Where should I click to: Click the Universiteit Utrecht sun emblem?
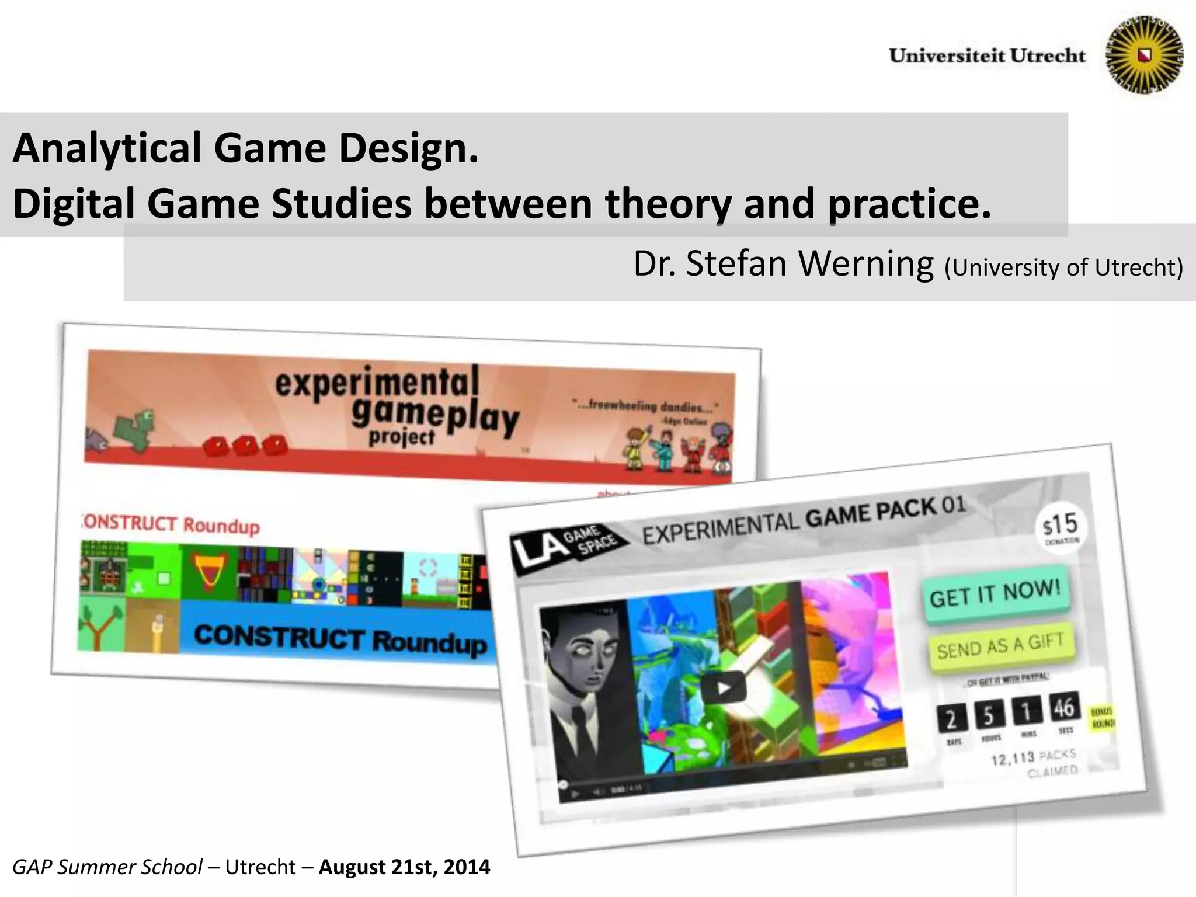1145,55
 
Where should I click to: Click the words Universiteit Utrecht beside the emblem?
987,55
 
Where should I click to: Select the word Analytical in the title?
107,148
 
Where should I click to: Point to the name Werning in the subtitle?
866,264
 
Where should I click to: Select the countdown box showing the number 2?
951,719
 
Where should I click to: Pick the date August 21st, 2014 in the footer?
404,867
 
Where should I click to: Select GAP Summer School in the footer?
107,867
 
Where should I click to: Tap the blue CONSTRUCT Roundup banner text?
340,638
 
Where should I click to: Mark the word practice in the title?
909,203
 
